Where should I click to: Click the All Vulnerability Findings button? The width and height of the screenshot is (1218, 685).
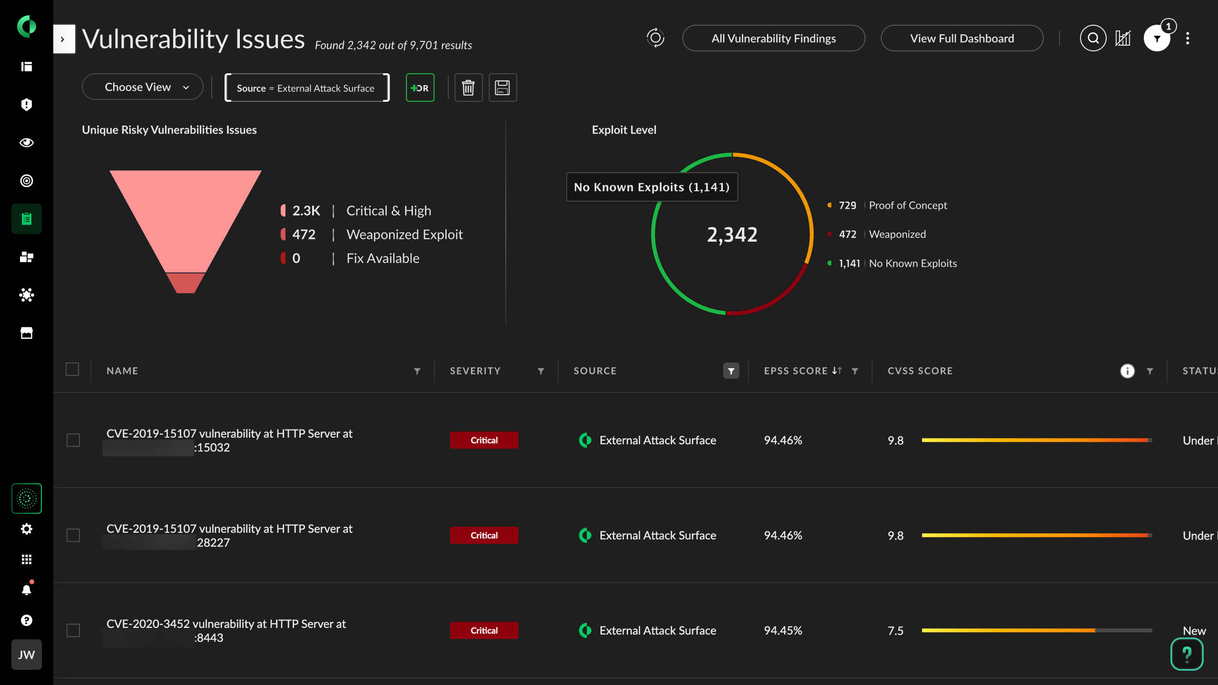pyautogui.click(x=773, y=39)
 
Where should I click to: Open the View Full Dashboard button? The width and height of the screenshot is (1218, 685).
pyautogui.click(x=962, y=39)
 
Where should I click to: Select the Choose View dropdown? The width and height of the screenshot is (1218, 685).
pyautogui.click(x=142, y=87)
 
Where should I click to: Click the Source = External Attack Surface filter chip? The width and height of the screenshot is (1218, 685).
pyautogui.click(x=306, y=88)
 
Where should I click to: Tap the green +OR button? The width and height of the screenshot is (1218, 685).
pyautogui.click(x=420, y=88)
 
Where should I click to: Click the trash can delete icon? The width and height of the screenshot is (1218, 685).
pyautogui.click(x=468, y=88)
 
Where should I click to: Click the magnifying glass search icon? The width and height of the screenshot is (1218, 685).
pyautogui.click(x=1093, y=38)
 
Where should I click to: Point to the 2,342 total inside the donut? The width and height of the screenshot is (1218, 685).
pyautogui.click(x=732, y=235)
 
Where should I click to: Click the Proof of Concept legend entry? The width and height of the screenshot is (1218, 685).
pyautogui.click(x=907, y=205)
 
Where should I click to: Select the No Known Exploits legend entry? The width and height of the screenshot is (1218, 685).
pyautogui.click(x=912, y=264)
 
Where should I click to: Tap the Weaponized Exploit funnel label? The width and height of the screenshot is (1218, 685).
pyautogui.click(x=404, y=235)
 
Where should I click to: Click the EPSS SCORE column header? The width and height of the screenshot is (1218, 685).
pyautogui.click(x=796, y=371)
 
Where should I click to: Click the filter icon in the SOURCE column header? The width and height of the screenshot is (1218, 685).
pyautogui.click(x=731, y=371)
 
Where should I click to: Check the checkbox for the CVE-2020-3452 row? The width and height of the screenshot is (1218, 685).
pyautogui.click(x=73, y=630)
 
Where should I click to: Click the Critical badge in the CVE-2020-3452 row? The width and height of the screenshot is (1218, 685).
pyautogui.click(x=484, y=630)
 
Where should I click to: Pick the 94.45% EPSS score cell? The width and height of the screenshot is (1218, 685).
pyautogui.click(x=783, y=630)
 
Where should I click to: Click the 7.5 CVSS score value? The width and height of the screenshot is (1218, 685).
pyautogui.click(x=895, y=631)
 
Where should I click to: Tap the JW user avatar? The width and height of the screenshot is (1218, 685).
pyautogui.click(x=27, y=655)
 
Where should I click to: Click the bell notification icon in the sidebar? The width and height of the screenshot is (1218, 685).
pyautogui.click(x=27, y=590)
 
